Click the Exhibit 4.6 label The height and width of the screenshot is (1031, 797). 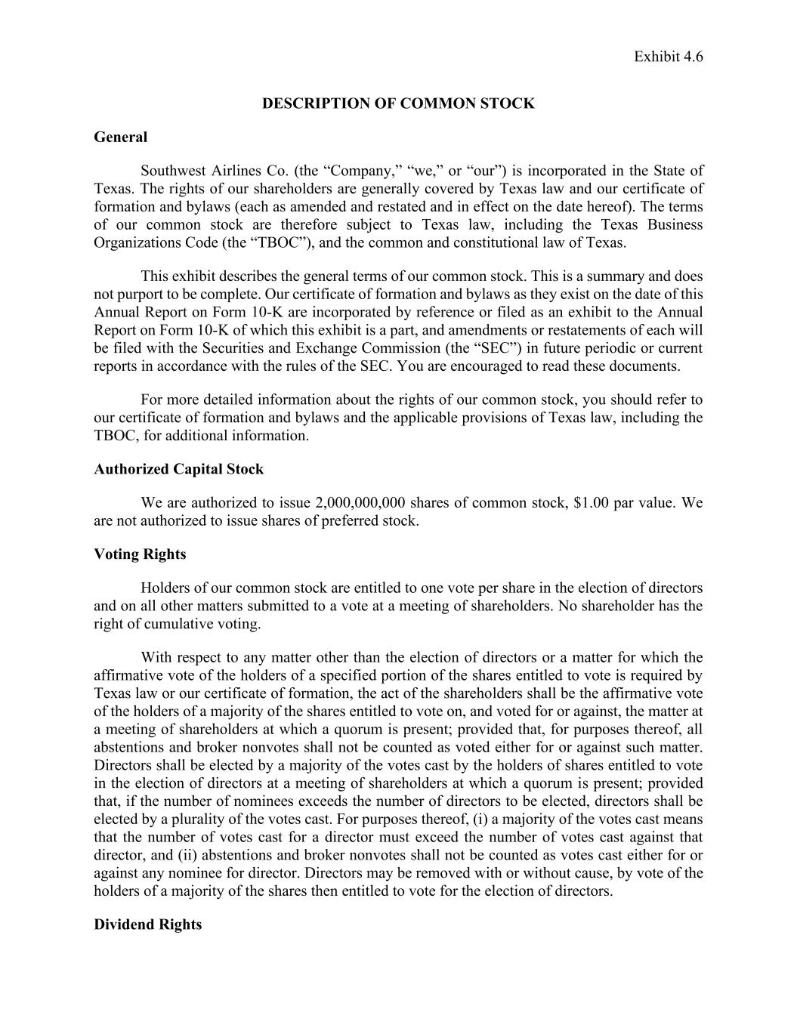click(x=668, y=57)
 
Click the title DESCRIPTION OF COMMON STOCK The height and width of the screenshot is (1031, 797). click(x=398, y=103)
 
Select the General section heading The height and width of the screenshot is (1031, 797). click(x=121, y=137)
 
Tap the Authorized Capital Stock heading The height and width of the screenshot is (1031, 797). click(x=178, y=469)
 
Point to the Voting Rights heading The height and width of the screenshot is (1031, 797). click(x=140, y=554)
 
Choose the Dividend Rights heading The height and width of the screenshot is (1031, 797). click(x=147, y=925)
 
